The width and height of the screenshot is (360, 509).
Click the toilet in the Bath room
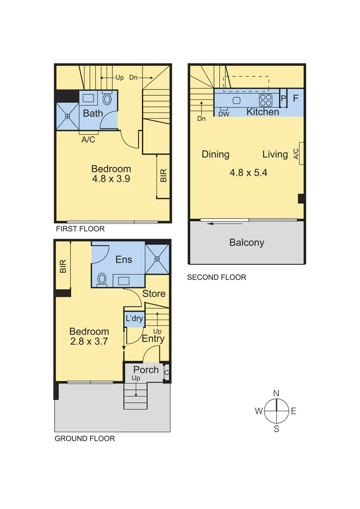[107, 99]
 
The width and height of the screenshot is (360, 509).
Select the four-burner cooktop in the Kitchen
[266, 100]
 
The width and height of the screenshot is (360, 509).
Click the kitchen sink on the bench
[237, 100]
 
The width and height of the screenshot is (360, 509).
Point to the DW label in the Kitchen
[224, 114]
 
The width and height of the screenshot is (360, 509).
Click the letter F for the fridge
[295, 99]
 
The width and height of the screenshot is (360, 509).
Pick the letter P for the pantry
[283, 99]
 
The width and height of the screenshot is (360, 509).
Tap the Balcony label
[246, 243]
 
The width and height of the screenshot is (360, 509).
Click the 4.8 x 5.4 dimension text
[248, 172]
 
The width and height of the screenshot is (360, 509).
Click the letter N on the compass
[276, 394]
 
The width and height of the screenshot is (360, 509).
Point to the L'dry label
[134, 319]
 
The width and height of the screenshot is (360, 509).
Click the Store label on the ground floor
[154, 294]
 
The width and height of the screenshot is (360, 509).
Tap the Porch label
[146, 369]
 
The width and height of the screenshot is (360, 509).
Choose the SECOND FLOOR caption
[216, 278]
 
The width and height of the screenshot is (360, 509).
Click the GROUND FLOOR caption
[85, 438]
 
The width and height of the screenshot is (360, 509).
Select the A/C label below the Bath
[88, 140]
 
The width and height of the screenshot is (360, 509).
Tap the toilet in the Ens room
[101, 279]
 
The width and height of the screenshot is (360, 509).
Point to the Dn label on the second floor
[201, 119]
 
